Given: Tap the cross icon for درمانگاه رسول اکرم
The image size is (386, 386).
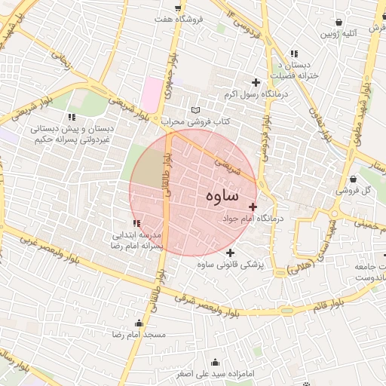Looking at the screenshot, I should tap(256, 82).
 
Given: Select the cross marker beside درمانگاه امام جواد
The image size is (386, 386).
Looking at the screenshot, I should tap(253, 207).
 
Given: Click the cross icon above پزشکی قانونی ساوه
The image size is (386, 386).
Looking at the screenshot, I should tap(230, 253).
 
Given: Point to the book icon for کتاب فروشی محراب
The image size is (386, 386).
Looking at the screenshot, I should tap(196, 109).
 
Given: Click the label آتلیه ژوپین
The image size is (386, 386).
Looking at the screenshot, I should tap(338, 34).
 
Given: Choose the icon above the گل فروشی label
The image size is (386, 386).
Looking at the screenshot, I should tap(355, 179).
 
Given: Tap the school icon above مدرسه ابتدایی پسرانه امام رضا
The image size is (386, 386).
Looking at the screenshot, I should tap(136, 223).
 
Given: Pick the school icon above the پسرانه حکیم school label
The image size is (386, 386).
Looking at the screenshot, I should tap(72, 117).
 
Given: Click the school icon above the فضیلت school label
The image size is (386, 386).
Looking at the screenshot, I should tap(294, 54).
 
